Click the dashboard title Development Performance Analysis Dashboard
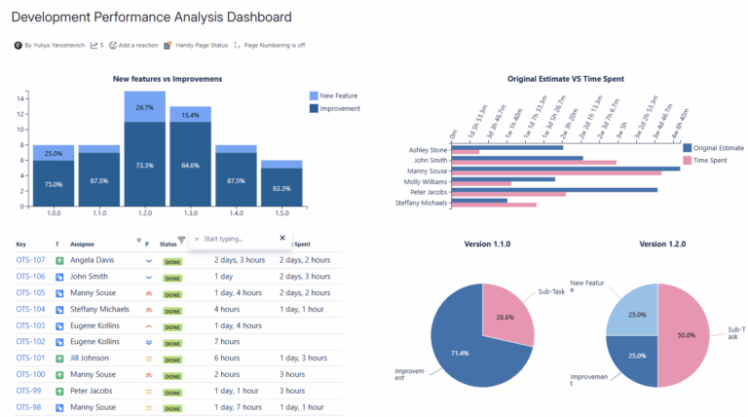coord(151,17)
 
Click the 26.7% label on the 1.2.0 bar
coord(144,107)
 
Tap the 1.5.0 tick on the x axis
coord(280,212)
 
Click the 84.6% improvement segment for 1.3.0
coord(190,165)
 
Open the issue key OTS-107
coord(31,260)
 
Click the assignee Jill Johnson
coord(93,358)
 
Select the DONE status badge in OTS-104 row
coord(172,309)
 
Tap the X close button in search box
coord(282,238)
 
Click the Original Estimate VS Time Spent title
coord(565,78)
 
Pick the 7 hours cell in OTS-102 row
coord(227,341)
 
